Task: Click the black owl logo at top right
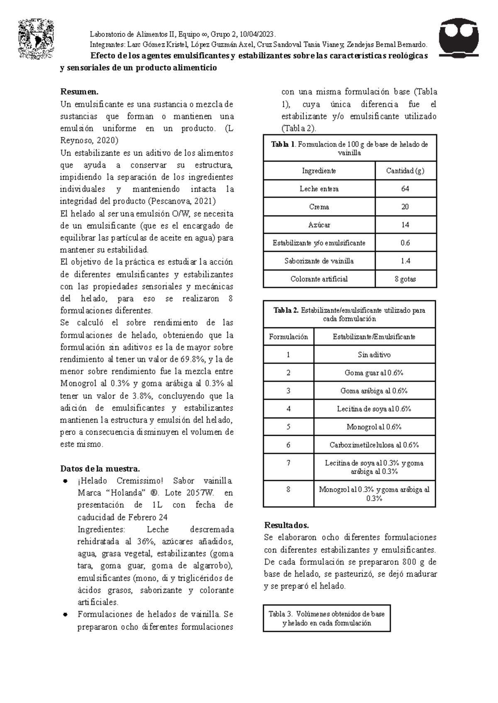[x=459, y=37]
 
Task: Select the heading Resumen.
[x=80, y=92]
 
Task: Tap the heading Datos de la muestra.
[x=100, y=469]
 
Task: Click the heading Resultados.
[x=286, y=525]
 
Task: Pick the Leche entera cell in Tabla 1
[x=319, y=189]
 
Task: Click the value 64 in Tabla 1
[x=405, y=189]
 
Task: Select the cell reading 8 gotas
[x=405, y=279]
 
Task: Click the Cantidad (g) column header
[x=405, y=171]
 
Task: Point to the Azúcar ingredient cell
[x=319, y=225]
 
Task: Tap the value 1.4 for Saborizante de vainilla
[x=405, y=261]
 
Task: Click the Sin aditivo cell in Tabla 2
[x=374, y=355]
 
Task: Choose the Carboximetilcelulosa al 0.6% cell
[x=374, y=445]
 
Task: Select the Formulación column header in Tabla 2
[x=288, y=337]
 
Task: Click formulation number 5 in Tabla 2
[x=288, y=427]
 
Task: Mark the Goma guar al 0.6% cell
[x=374, y=373]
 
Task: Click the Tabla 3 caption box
[x=327, y=618]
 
